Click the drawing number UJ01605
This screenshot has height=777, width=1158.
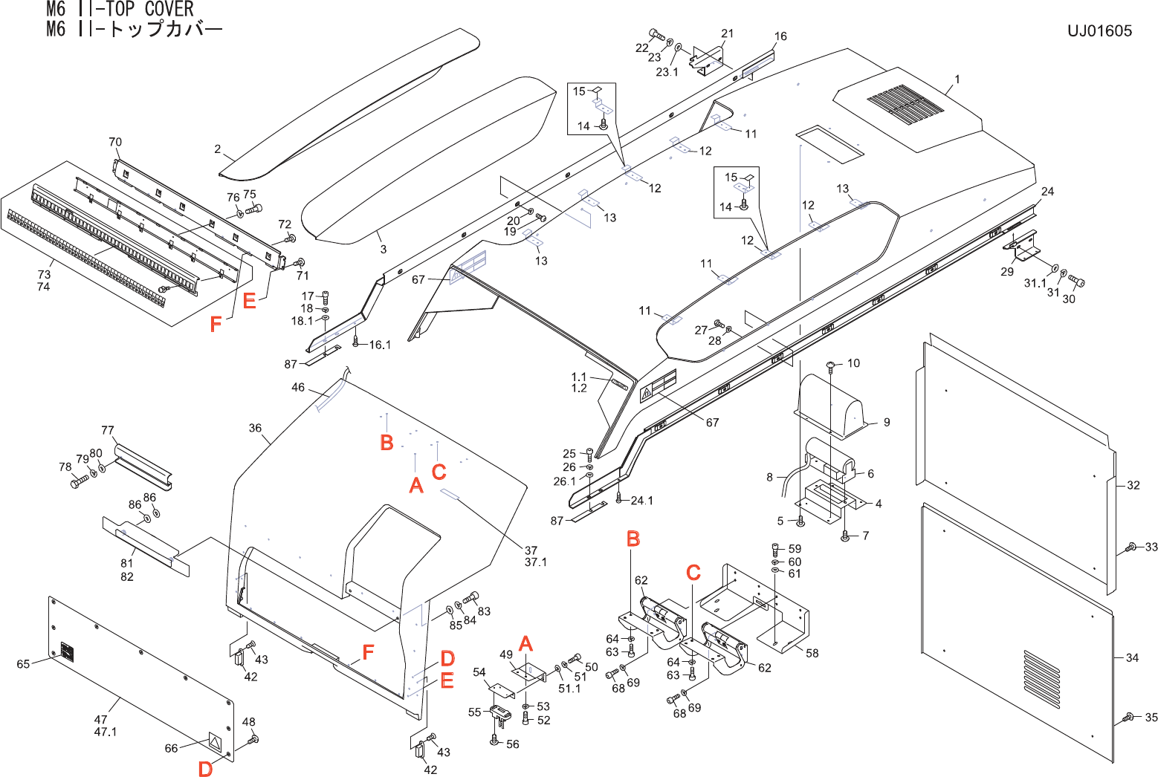[x=1099, y=30]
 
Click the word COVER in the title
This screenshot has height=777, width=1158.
[x=169, y=8]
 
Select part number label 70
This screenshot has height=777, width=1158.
[x=115, y=142]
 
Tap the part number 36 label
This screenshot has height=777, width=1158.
[x=255, y=428]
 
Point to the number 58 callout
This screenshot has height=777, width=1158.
[x=812, y=653]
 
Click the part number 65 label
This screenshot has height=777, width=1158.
[x=23, y=664]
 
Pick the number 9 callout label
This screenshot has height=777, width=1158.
[x=887, y=422]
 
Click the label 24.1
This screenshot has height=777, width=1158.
[x=641, y=500]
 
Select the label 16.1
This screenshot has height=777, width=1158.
[x=380, y=345]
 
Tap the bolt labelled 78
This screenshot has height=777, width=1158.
[x=79, y=482]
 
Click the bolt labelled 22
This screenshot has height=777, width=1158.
[x=656, y=34]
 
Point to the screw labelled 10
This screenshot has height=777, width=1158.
[x=831, y=365]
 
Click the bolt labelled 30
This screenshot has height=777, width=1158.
[x=1076, y=281]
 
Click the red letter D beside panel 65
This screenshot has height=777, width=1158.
[x=205, y=769]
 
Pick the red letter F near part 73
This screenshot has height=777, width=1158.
[x=216, y=324]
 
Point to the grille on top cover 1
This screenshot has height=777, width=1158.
[x=905, y=106]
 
